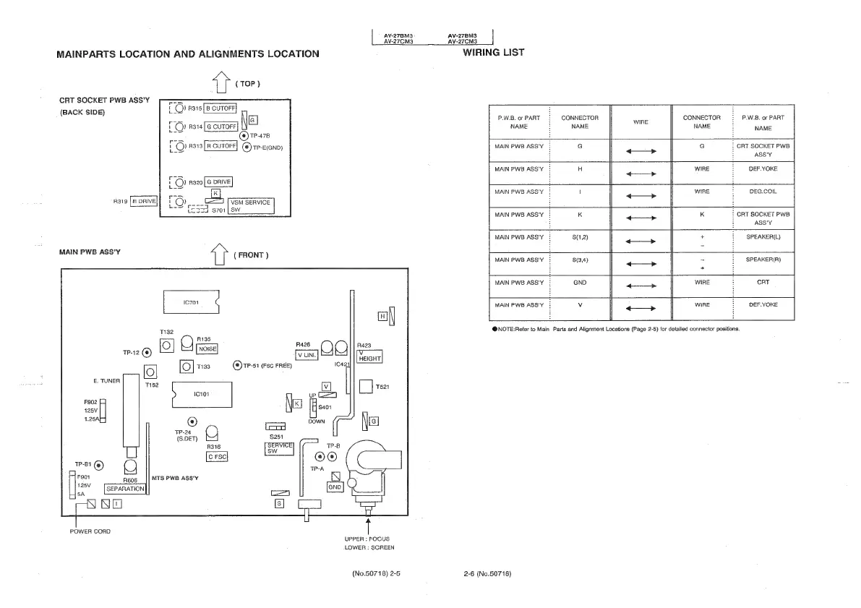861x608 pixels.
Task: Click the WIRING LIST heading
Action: (x=493, y=52)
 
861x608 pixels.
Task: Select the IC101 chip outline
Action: (x=201, y=395)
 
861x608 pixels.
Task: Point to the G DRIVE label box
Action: (x=218, y=182)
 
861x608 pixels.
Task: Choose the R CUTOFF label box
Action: (x=221, y=145)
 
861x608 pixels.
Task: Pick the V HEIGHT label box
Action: (x=369, y=355)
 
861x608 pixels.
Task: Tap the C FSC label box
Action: (x=218, y=456)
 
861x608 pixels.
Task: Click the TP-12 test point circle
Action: (x=147, y=353)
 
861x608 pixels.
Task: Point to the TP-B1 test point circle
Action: (x=98, y=465)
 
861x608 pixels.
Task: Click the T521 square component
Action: (x=365, y=387)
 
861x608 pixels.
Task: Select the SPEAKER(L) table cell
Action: (x=763, y=236)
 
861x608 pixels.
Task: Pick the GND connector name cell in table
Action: (x=579, y=282)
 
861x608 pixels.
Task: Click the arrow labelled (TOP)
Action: (x=219, y=84)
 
